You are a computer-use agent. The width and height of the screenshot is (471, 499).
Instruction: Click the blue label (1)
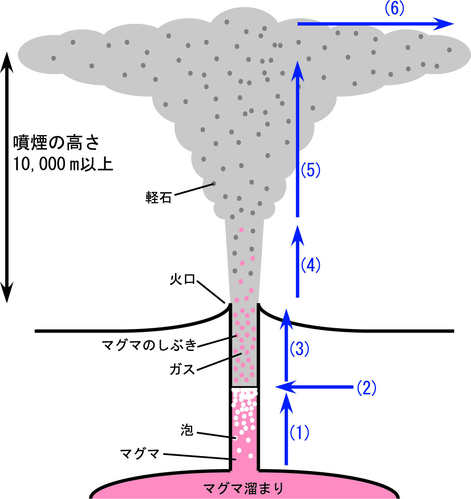click(299, 433)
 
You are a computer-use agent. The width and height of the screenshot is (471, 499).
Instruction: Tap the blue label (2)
click(366, 388)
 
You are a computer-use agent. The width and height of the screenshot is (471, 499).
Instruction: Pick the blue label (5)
click(311, 170)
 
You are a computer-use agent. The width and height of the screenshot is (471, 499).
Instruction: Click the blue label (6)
click(394, 9)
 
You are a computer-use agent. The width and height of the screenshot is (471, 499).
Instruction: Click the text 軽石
click(158, 198)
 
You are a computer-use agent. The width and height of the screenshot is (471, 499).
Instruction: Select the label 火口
click(183, 280)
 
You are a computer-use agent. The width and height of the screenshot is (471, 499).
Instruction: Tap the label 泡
click(187, 430)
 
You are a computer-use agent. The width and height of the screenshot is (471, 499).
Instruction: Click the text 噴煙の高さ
click(56, 143)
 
